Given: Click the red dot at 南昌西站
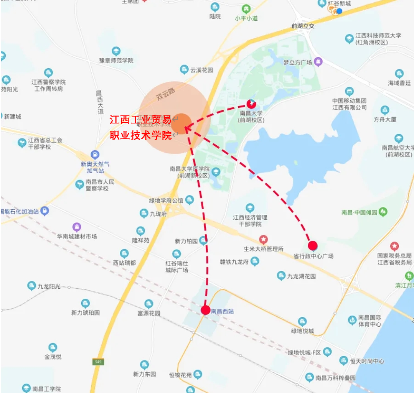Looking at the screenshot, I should [206, 310].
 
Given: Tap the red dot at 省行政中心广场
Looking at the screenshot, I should [313, 245].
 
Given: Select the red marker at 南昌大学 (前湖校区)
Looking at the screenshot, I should [251, 103].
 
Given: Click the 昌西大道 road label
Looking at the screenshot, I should [100, 102].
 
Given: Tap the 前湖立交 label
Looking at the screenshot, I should [303, 26].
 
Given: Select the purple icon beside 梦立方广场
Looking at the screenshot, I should [318, 61].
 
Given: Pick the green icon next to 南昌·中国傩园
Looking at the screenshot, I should [383, 212].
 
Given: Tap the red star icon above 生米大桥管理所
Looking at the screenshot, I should [263, 240].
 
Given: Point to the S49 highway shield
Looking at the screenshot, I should [98, 362].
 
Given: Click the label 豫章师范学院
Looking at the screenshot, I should [116, 61].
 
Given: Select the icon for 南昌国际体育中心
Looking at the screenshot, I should [352, 320].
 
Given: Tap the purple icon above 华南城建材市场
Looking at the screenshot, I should [77, 227].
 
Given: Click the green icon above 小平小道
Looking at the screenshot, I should [246, 9].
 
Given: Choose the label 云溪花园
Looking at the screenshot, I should [201, 70].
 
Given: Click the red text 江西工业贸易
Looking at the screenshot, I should [140, 120].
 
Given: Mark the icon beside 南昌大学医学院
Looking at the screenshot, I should [216, 171].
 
